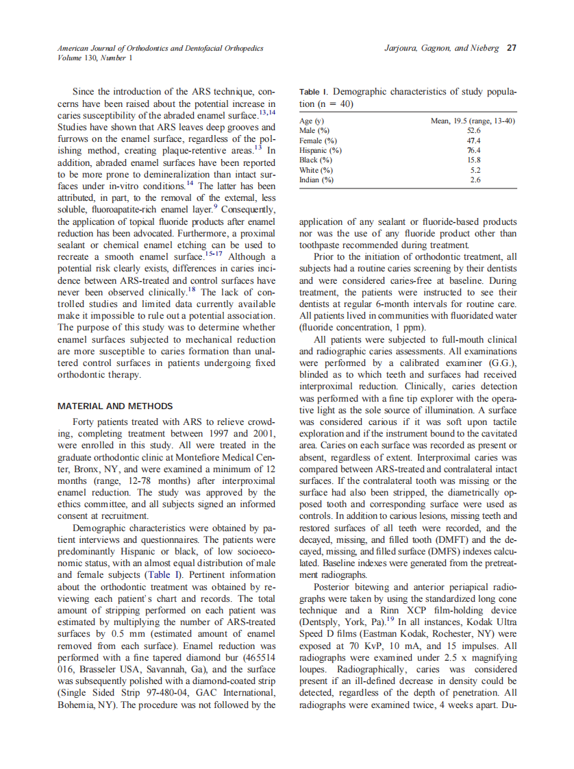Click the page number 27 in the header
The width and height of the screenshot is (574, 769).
(512, 49)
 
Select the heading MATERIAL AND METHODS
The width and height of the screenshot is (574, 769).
(116, 406)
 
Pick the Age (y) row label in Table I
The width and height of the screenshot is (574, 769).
(312, 121)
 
